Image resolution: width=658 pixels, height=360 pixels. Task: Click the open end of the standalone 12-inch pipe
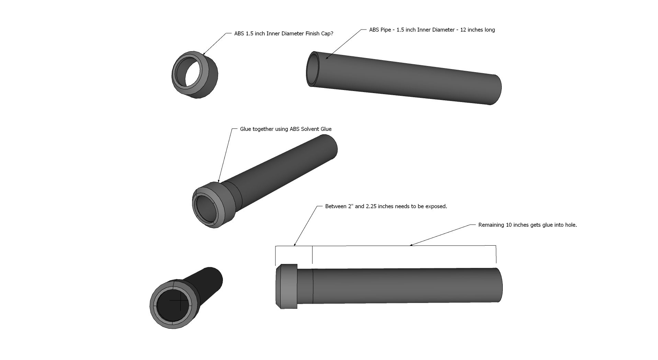click(x=313, y=69)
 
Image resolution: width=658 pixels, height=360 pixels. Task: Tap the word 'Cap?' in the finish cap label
click(x=326, y=34)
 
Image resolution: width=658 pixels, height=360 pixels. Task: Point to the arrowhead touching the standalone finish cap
click(x=204, y=53)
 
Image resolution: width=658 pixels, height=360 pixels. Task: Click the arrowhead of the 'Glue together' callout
click(x=219, y=180)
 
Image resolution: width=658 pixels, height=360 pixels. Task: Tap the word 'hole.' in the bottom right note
click(x=570, y=225)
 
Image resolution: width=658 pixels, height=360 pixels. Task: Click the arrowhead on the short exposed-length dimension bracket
click(x=295, y=245)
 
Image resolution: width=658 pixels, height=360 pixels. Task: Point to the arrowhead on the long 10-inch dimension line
click(x=412, y=245)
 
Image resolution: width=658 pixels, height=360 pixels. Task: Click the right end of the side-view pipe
click(x=500, y=285)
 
